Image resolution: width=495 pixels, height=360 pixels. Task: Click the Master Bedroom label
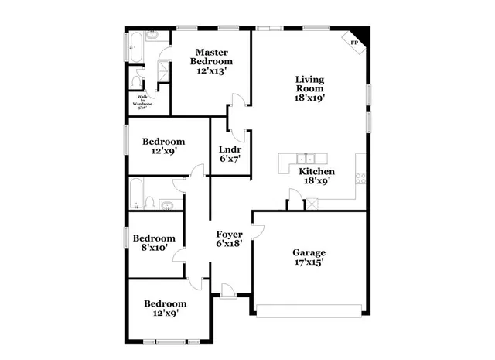pyautogui.click(x=211, y=57)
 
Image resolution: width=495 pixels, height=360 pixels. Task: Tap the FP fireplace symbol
pyautogui.click(x=354, y=43)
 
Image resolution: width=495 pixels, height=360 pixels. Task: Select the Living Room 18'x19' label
pyautogui.click(x=309, y=88)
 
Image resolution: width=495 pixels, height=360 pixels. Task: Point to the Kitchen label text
pyautogui.click(x=316, y=171)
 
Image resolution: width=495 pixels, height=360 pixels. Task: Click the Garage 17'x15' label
pyautogui.click(x=308, y=257)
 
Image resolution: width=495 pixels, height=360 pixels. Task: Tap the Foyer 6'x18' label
pyautogui.click(x=229, y=238)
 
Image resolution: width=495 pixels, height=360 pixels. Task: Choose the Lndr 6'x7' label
pyautogui.click(x=230, y=153)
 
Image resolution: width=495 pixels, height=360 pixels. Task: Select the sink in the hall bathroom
pyautogui.click(x=166, y=204)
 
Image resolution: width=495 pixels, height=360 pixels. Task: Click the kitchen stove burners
pyautogui.click(x=360, y=177)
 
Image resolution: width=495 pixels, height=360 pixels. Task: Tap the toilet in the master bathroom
pyautogui.click(x=136, y=81)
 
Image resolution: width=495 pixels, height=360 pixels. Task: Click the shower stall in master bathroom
pyautogui.click(x=163, y=72)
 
